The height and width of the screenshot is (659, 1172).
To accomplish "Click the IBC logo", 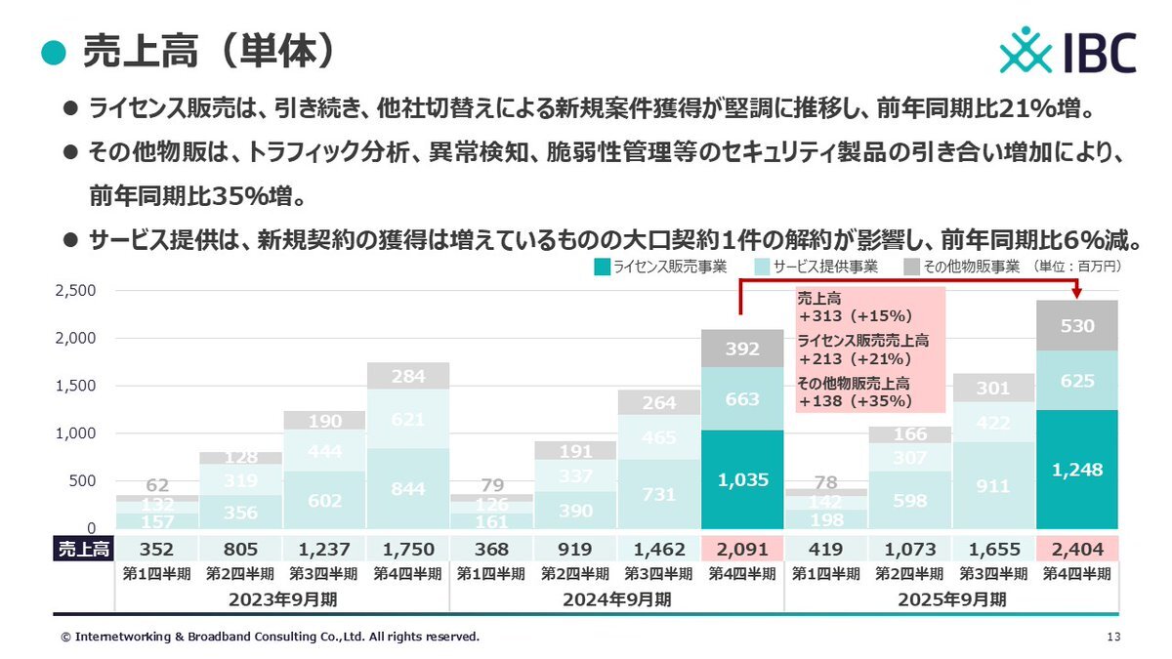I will coord(1067,51).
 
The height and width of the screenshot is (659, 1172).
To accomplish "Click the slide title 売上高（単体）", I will coord(210,51).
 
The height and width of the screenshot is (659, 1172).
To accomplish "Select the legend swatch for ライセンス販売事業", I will coord(603,266).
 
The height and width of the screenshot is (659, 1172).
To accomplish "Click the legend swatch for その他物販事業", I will coord(910,266).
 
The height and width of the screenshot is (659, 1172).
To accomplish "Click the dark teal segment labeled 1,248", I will coord(1078,470).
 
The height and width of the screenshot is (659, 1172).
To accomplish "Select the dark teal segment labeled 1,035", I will coord(742,479).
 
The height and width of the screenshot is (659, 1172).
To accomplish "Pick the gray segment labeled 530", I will coord(1078,326).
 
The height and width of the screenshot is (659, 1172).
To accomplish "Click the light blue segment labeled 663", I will coord(742,398).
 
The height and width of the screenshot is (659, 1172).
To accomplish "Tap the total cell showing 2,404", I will coord(1078,549).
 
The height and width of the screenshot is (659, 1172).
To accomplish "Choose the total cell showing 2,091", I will coord(742,549).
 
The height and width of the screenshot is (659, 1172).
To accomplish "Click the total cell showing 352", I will coord(156,549).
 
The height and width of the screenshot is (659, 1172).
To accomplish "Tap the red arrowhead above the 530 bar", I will coord(1077,292).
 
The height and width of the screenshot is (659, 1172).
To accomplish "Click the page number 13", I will coord(1114,637).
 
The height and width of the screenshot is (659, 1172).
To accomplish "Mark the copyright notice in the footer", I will coord(271,637).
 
